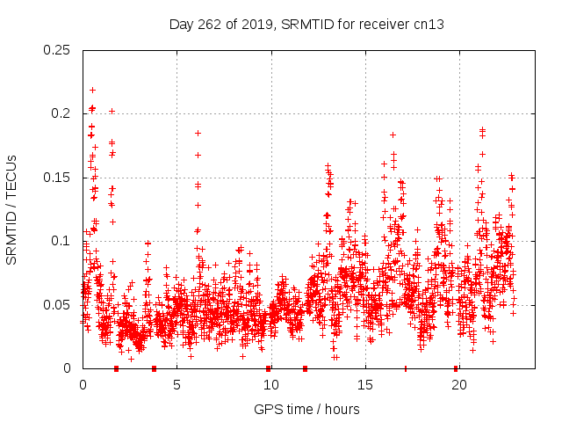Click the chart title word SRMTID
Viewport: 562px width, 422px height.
[304, 25]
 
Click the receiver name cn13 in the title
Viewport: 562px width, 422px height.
[430, 25]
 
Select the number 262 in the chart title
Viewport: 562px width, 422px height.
[213, 25]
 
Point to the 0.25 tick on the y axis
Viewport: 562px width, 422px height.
[57, 50]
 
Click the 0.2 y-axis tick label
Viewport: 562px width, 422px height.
[61, 113]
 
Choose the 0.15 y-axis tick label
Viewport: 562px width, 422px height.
[57, 178]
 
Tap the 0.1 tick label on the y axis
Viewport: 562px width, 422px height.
[61, 241]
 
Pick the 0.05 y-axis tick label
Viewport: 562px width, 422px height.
[57, 305]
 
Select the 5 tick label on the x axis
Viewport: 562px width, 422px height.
[177, 385]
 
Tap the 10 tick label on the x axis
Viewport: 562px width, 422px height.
[270, 385]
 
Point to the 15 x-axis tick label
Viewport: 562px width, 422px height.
[364, 385]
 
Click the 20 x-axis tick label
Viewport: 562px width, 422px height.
[458, 385]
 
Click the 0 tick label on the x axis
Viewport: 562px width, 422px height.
[83, 385]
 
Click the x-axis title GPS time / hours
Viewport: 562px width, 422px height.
[306, 409]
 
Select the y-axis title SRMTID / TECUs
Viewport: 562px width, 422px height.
[12, 209]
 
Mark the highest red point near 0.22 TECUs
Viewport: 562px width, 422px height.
[92, 90]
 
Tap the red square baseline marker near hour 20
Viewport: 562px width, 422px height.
[456, 368]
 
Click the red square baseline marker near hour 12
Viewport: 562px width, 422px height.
[305, 368]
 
